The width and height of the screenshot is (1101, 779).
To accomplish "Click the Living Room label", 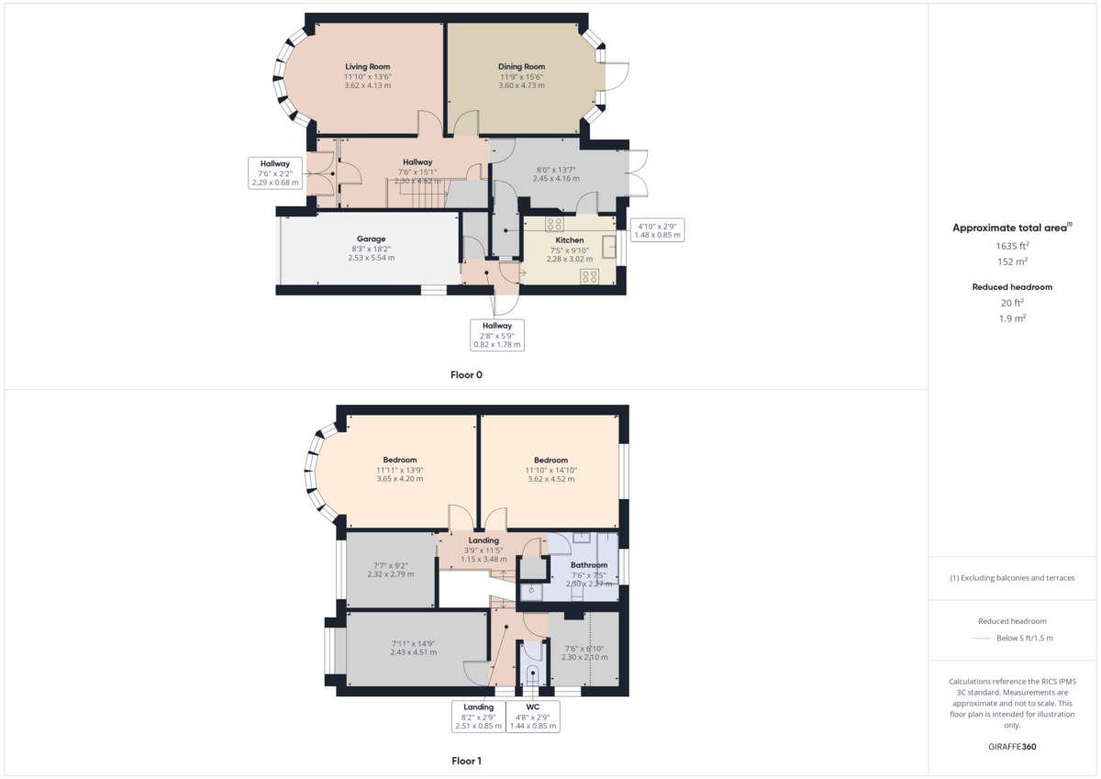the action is (x=367, y=66).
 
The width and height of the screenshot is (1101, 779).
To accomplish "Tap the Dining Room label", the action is (x=521, y=66).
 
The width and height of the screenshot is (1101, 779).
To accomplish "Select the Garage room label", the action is (x=371, y=239).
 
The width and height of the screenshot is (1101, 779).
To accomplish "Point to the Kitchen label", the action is (x=570, y=239).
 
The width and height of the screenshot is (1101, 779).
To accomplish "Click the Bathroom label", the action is (x=589, y=564).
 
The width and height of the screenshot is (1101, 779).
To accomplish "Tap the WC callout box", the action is (x=533, y=716).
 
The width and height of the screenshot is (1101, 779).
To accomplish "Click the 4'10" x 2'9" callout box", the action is (x=657, y=230).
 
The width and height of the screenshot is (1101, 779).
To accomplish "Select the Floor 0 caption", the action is (x=466, y=374).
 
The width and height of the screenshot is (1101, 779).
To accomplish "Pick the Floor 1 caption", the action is (x=466, y=761).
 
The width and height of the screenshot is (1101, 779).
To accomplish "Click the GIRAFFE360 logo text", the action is (x=1012, y=747).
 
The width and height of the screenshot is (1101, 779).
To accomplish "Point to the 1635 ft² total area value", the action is (x=1012, y=246).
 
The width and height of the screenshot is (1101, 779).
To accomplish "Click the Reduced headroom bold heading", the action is (x=1012, y=287).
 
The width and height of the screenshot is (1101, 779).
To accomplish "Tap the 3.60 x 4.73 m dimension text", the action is (x=521, y=85).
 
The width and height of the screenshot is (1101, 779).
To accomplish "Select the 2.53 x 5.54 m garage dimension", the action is (x=371, y=258).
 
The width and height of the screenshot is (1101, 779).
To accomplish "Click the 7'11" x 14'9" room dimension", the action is (x=414, y=643).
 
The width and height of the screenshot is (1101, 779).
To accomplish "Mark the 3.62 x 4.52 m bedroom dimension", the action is (x=551, y=479).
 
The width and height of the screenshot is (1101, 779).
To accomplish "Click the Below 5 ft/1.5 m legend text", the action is (x=1025, y=638).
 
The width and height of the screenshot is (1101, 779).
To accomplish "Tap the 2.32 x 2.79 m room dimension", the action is (x=391, y=574).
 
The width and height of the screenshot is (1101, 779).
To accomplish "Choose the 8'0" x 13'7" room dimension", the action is (x=556, y=170).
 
